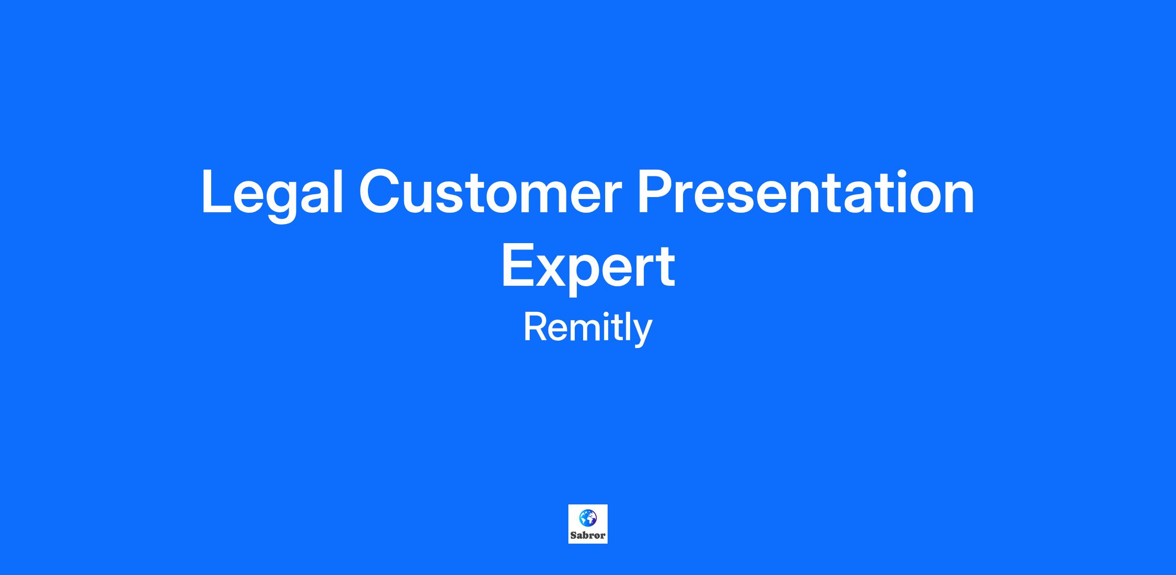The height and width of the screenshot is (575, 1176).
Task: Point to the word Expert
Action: pos(588,269)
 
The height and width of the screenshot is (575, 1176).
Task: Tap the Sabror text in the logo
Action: pos(588,535)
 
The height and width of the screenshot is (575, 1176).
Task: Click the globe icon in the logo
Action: pos(588,517)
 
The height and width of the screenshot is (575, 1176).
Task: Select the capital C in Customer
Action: pos(381,192)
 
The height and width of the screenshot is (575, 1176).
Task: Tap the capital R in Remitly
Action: pos(537,327)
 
